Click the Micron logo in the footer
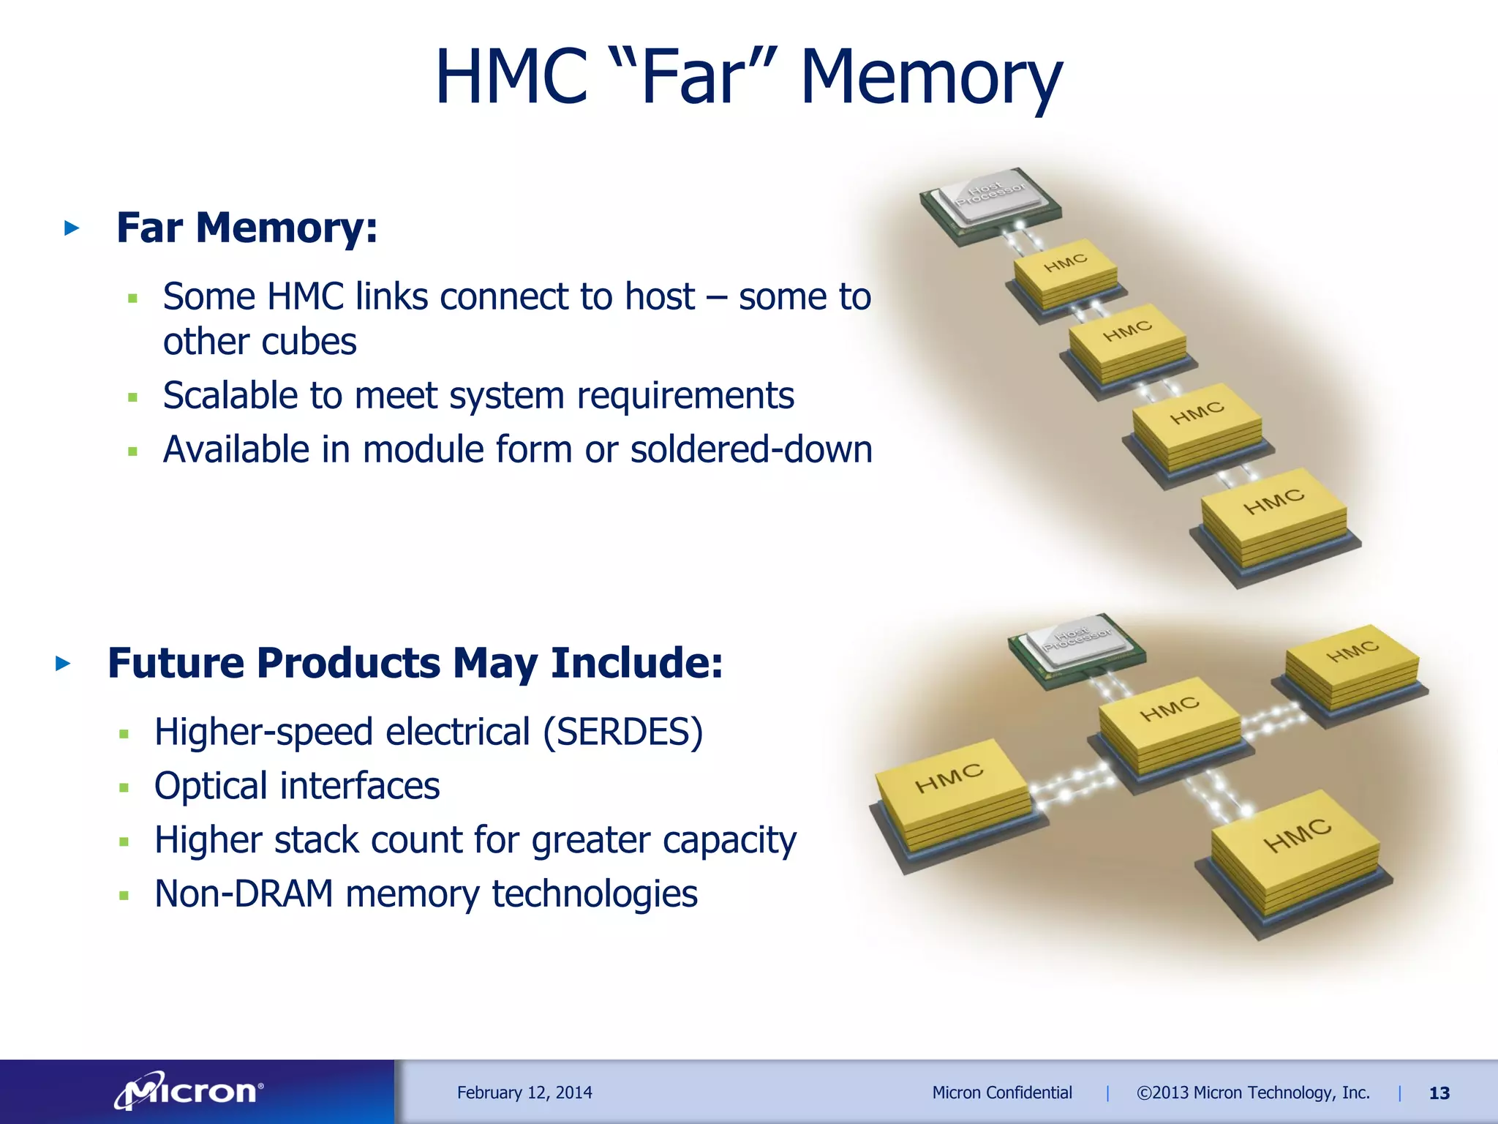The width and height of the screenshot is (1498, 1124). (x=189, y=1092)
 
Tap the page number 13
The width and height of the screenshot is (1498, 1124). (x=1439, y=1093)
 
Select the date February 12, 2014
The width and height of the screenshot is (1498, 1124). (x=524, y=1093)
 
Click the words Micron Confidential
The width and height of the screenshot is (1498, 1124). (x=1001, y=1093)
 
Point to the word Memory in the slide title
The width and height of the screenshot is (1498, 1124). (x=930, y=78)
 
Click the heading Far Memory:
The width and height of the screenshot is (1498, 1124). (x=247, y=228)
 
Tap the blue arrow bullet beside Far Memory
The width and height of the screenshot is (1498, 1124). (x=72, y=228)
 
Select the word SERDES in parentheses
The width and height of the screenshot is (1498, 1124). (x=622, y=732)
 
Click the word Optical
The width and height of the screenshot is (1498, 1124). (x=211, y=786)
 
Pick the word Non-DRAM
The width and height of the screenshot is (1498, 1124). (x=244, y=893)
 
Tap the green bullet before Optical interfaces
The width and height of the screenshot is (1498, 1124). (x=124, y=788)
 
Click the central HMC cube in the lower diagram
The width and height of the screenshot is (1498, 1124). (x=1169, y=727)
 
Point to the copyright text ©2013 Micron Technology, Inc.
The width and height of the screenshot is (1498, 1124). (x=1252, y=1093)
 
